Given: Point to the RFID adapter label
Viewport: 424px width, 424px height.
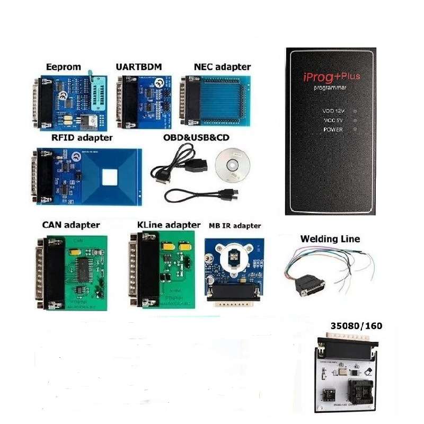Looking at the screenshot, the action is coord(82,138).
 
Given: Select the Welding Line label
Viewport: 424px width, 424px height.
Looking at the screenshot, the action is coord(330,239).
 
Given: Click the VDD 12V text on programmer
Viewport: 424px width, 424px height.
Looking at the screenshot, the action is coord(333,111).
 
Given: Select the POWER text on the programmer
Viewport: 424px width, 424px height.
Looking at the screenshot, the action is coord(333,129).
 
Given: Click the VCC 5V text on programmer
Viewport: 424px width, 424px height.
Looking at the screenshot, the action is coord(333,120).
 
